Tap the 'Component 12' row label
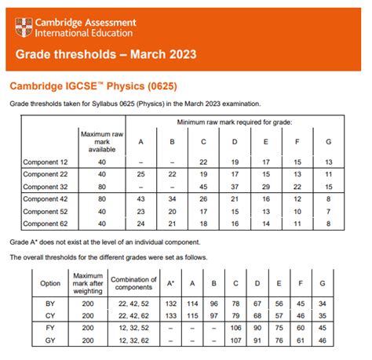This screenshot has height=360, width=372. click(46, 161)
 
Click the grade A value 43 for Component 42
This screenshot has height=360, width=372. click(140, 198)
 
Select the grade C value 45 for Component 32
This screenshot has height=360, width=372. click(203, 186)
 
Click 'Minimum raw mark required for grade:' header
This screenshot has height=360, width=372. click(235, 123)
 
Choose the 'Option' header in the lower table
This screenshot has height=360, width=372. click(49, 282)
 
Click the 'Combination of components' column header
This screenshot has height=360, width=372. click(131, 282)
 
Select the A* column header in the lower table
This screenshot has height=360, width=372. click(170, 282)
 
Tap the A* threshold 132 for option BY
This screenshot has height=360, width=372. click(170, 302)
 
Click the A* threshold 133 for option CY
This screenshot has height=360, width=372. click(170, 315)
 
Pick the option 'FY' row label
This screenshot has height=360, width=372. click(49, 328)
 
